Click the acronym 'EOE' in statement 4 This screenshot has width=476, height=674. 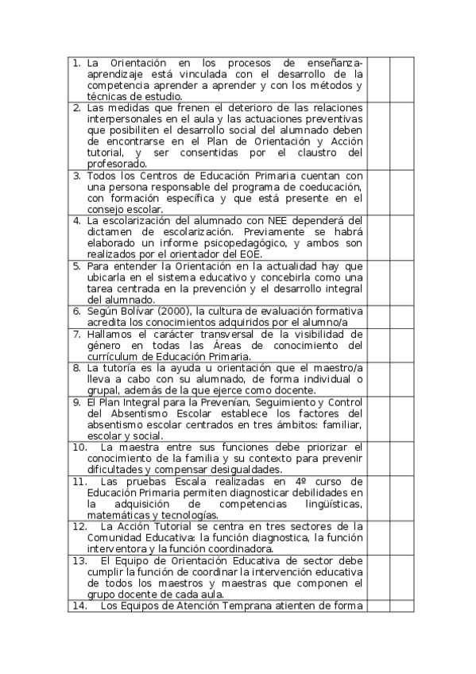(257, 254)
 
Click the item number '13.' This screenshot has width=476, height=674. (79, 560)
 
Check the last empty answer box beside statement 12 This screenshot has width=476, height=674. (402, 537)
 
